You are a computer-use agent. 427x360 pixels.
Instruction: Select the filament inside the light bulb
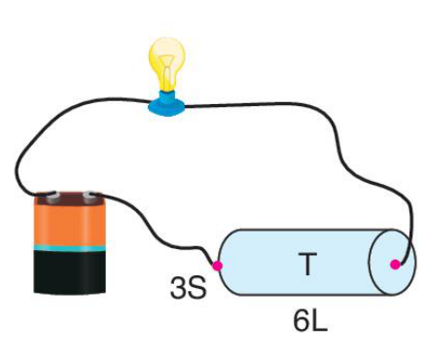167,70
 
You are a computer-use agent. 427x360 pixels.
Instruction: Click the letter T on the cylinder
307,264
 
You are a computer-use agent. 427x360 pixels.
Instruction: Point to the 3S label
188,288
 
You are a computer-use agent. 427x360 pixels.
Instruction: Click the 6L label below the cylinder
310,321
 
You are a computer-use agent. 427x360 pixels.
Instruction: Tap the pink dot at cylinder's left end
217,266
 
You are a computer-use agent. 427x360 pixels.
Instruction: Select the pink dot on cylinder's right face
395,265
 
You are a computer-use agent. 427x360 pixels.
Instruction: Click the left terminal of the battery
51,197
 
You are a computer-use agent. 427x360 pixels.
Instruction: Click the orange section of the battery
70,225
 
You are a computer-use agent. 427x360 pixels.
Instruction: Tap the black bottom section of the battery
70,273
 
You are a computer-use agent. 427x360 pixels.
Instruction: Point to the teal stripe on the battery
70,248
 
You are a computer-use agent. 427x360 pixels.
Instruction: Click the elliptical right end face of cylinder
392,263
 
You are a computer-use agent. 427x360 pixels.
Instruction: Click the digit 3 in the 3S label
178,288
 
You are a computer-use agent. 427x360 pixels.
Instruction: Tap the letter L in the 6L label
320,321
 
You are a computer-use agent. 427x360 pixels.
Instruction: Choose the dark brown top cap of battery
70,198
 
